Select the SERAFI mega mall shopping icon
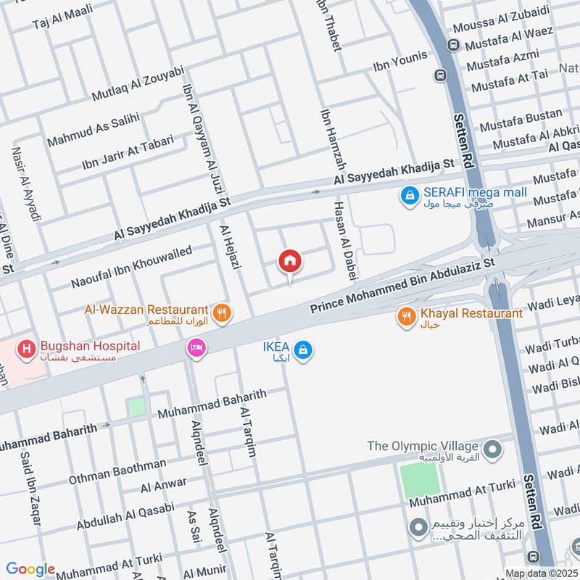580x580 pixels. click(410, 195)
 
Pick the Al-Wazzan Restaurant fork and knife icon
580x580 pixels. click(223, 313)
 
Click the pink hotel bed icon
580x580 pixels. click(196, 349)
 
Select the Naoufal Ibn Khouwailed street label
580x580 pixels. click(131, 265)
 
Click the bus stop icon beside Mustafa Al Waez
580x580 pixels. click(453, 45)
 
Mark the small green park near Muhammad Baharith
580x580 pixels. click(137, 407)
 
